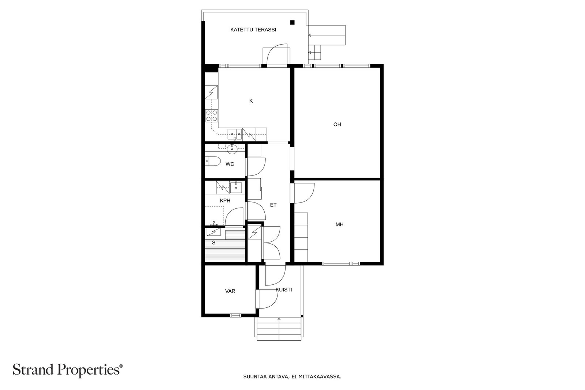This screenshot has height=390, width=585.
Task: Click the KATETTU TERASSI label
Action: [x=253, y=30]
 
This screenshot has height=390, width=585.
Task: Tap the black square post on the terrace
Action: [x=292, y=22]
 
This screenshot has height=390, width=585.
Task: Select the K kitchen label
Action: [x=251, y=101]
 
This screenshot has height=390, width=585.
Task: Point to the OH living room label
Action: [x=337, y=125]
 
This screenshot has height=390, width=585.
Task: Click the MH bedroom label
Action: [x=340, y=224]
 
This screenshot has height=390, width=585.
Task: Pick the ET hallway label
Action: [x=273, y=205]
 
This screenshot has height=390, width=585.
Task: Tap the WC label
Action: [x=230, y=164]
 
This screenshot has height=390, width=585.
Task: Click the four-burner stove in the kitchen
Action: [x=212, y=116]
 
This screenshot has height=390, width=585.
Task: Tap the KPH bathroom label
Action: [x=225, y=201]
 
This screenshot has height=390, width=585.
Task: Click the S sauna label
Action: [x=214, y=243]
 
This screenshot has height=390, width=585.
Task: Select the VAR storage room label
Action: [x=230, y=291]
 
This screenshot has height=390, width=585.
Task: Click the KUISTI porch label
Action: [x=284, y=290]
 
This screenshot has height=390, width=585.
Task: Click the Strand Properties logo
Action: [x=68, y=370]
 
